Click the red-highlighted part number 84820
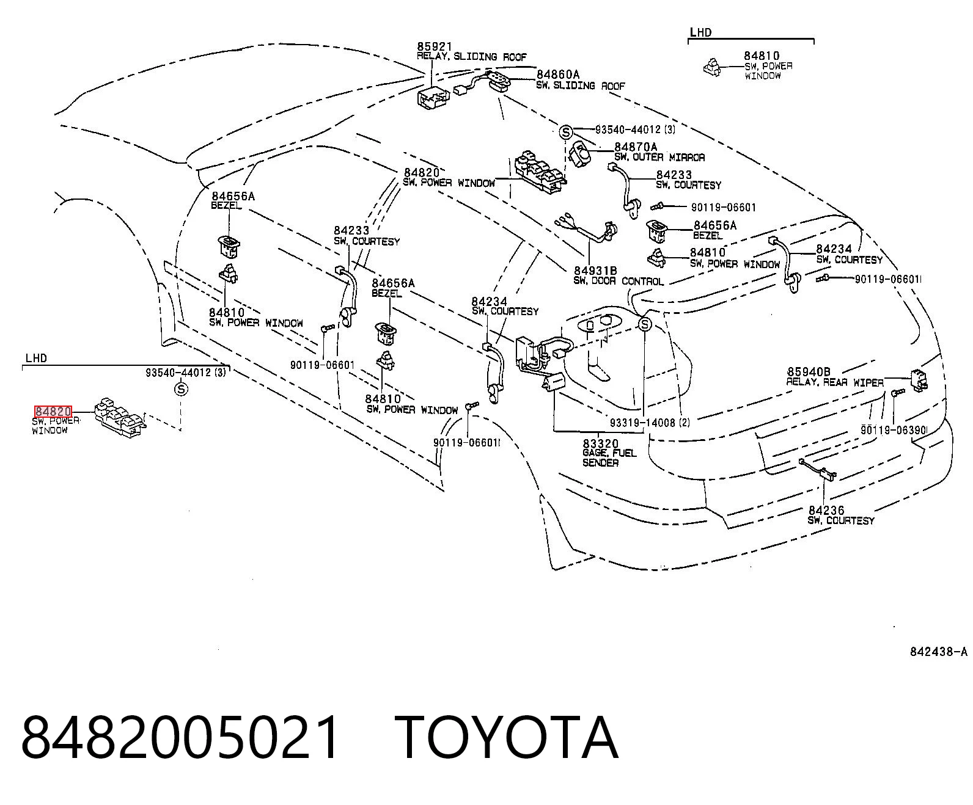click(53, 411)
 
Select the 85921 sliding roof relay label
click(435, 46)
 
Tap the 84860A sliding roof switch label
click(558, 75)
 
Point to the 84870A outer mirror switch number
click(636, 147)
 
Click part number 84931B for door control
click(595, 271)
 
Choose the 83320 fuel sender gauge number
click(601, 443)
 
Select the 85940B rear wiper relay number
click(809, 372)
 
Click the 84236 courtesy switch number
click(826, 510)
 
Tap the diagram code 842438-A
click(939, 651)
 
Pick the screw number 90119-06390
click(894, 430)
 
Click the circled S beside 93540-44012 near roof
click(566, 133)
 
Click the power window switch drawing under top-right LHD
click(712, 68)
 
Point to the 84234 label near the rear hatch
click(834, 249)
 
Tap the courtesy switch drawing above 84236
click(818, 470)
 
